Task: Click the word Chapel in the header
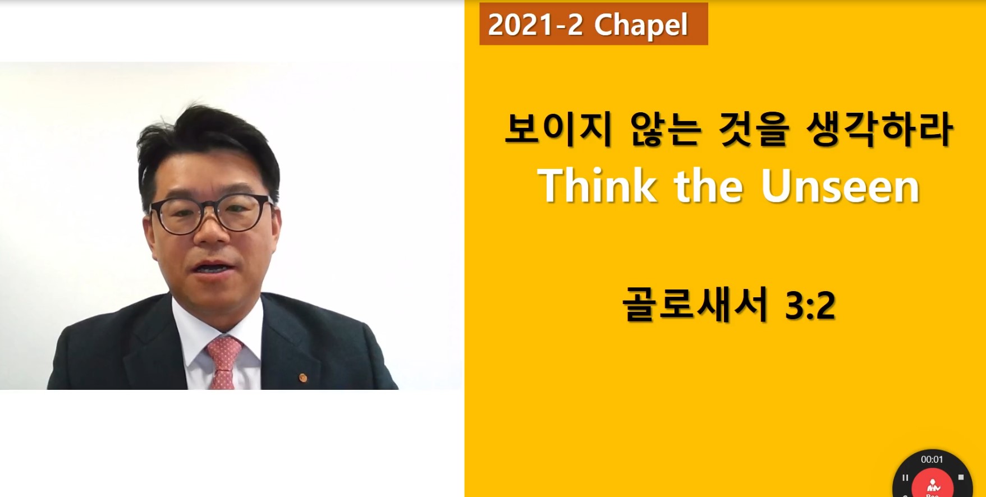tap(641, 25)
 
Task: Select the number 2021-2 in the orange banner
tap(535, 25)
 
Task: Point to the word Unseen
tap(840, 186)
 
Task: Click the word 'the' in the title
tap(709, 186)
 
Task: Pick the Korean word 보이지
tap(558, 130)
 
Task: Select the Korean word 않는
tap(666, 130)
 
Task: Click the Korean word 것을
tap(754, 130)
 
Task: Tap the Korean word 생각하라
tap(879, 130)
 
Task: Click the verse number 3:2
tap(810, 306)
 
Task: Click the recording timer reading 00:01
tap(932, 459)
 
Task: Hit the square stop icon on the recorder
tap(961, 477)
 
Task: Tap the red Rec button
tap(932, 485)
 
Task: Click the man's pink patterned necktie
tap(225, 362)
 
